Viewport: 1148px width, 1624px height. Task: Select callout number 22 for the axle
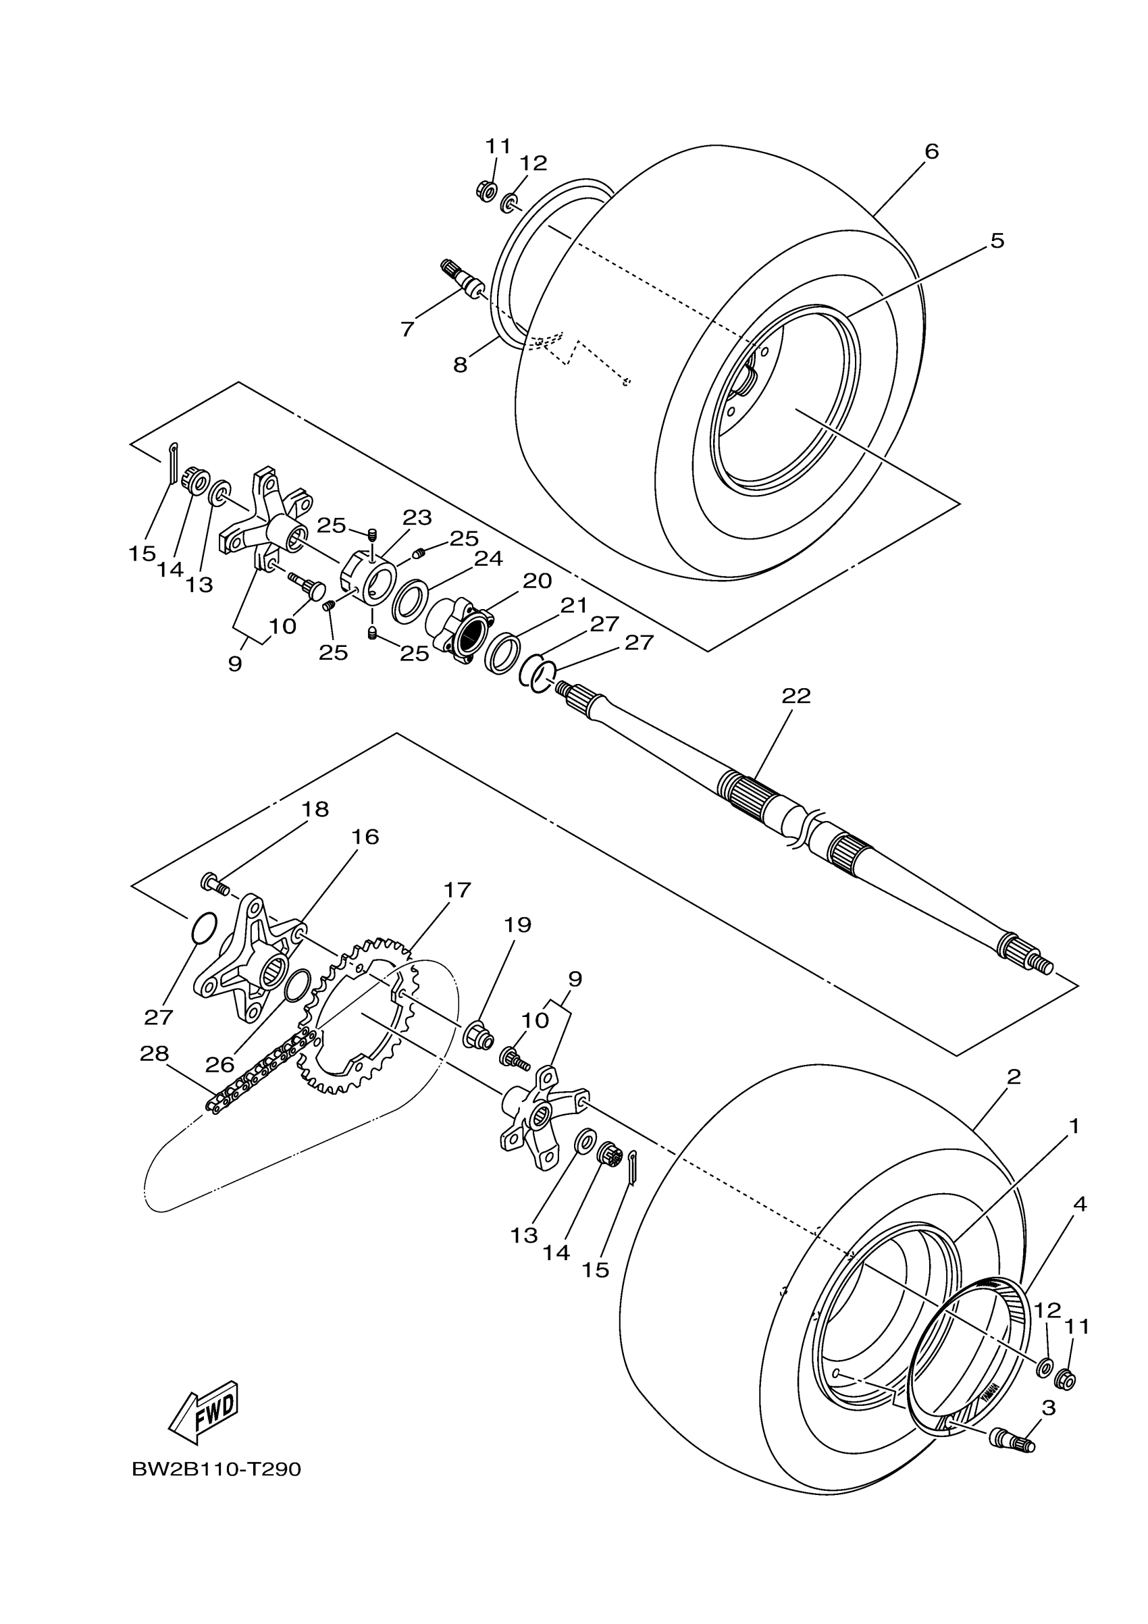click(x=795, y=696)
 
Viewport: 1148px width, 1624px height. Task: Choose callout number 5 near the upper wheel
click(x=997, y=240)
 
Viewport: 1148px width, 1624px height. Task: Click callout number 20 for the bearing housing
click(x=537, y=581)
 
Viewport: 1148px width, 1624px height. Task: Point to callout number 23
click(x=417, y=518)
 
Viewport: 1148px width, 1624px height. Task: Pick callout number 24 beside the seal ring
click(x=488, y=559)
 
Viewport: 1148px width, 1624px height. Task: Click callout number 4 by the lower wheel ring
click(x=1079, y=1204)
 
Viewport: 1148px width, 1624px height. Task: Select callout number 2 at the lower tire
click(x=1014, y=1076)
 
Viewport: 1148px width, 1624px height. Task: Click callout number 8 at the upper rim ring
click(x=461, y=365)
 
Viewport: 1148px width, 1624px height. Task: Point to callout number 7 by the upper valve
click(x=407, y=329)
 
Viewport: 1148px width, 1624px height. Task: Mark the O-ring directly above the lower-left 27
click(x=203, y=928)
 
